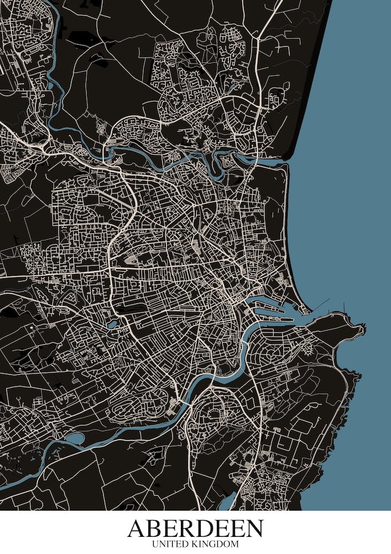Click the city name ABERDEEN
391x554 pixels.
tap(195, 529)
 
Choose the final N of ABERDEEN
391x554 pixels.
tap(254, 529)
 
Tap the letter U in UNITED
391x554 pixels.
tap(154, 545)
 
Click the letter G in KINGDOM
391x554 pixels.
tap(217, 545)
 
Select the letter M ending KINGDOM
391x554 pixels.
tap(234, 545)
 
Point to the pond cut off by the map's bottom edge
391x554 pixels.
tap(226, 502)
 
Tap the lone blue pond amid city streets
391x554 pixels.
tap(113, 324)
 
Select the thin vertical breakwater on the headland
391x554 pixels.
tap(344, 306)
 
